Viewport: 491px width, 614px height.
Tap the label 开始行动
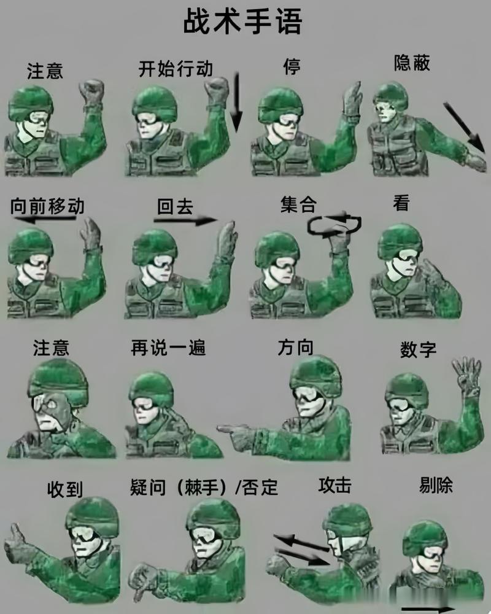pos(176,69)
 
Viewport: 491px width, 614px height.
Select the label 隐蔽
pos(412,63)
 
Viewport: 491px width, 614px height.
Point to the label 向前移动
pos(47,206)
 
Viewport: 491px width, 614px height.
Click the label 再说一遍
pos(168,348)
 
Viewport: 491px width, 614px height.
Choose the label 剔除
pos(436,486)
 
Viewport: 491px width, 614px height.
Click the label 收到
pos(65,489)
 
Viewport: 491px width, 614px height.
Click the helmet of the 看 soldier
pos(400,239)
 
